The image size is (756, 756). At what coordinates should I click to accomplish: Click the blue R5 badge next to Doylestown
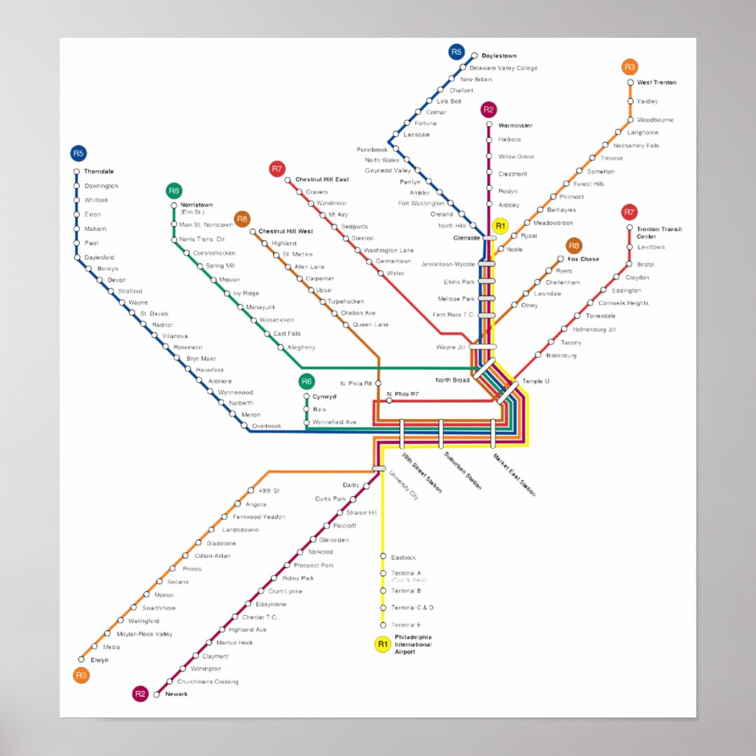pyautogui.click(x=456, y=52)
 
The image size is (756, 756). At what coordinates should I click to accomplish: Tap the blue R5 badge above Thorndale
pyautogui.click(x=78, y=153)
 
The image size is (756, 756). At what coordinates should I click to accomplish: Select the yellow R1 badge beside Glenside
pyautogui.click(x=500, y=225)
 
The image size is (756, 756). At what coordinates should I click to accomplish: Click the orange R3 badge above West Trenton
pyautogui.click(x=629, y=67)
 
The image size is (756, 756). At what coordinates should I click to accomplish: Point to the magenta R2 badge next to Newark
pyautogui.click(x=140, y=694)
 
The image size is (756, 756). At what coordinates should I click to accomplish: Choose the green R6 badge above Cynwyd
pyautogui.click(x=306, y=381)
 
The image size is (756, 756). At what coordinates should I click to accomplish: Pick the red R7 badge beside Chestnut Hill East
pyautogui.click(x=277, y=169)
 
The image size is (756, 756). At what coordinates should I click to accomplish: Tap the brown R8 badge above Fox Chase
pyautogui.click(x=574, y=246)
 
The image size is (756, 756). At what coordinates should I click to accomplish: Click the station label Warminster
pyautogui.click(x=515, y=126)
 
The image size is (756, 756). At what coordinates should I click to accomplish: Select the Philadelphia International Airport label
pyautogui.click(x=413, y=644)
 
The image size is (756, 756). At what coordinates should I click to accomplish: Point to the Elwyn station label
pyautogui.click(x=99, y=660)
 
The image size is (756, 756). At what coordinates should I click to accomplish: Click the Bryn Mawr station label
pyautogui.click(x=201, y=358)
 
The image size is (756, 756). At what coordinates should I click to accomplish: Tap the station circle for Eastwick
pyautogui.click(x=383, y=556)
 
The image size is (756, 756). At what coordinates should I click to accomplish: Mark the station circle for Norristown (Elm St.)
pyautogui.click(x=174, y=205)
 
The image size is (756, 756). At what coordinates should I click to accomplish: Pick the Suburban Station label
pyautogui.click(x=463, y=470)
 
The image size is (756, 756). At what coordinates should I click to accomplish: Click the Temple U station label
pyautogui.click(x=535, y=381)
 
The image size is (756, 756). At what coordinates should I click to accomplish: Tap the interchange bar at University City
pyautogui.click(x=379, y=468)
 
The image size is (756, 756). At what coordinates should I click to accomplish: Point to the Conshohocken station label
pyautogui.click(x=214, y=253)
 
